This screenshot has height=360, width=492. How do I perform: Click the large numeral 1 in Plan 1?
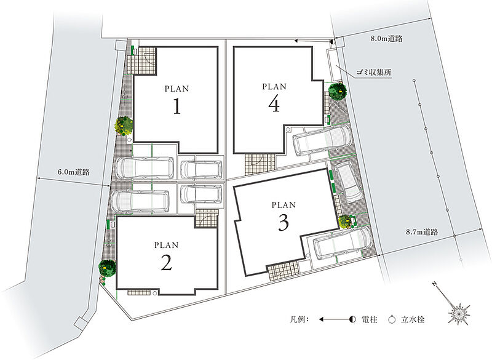point(177,106)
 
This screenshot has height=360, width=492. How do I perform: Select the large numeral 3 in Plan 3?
point(284,223)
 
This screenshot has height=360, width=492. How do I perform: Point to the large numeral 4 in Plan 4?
point(274,104)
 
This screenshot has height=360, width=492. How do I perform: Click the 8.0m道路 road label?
point(386,39)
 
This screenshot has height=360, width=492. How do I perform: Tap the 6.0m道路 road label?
point(74,172)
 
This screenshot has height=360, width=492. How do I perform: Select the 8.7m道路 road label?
point(422,232)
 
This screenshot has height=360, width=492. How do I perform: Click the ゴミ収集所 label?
point(374,72)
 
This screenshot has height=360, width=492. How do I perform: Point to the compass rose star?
point(459,313)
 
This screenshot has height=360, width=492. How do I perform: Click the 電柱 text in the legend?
point(370,320)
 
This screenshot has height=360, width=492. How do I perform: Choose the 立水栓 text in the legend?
point(413,320)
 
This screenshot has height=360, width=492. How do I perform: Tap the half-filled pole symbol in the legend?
point(352,320)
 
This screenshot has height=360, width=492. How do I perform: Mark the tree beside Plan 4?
point(338,90)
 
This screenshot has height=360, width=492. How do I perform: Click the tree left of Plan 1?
point(124,126)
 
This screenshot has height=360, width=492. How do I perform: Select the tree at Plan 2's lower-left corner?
point(107,268)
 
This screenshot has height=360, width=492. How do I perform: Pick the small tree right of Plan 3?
point(345,221)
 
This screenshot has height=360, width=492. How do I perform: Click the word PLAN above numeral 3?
point(284,206)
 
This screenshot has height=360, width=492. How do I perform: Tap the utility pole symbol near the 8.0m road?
point(333,41)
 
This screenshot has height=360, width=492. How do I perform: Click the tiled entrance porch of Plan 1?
point(145,60)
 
